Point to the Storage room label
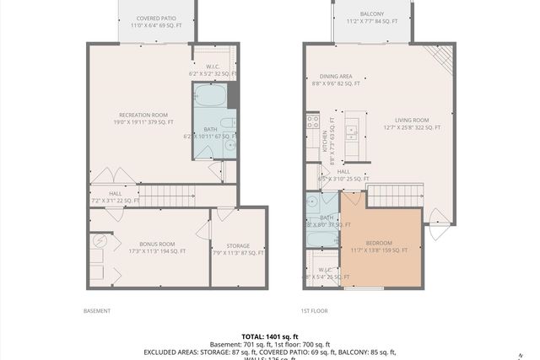pyautogui.click(x=237, y=249)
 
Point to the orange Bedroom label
pyautogui.click(x=380, y=245)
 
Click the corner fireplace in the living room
pyautogui.click(x=440, y=57)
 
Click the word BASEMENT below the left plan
pyautogui.click(x=96, y=310)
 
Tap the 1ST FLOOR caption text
pyautogui.click(x=314, y=310)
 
